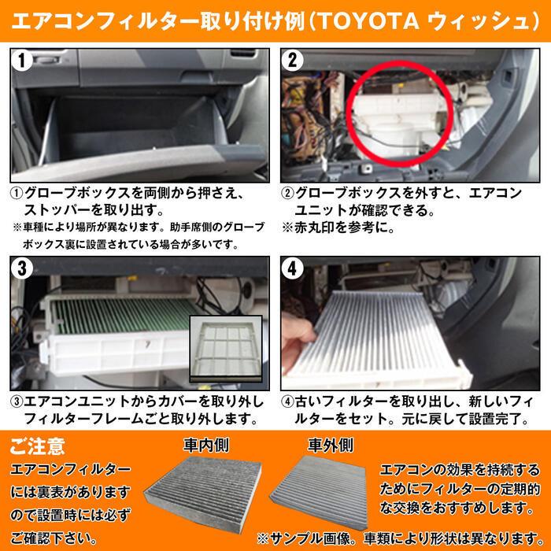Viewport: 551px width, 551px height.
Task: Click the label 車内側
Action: coord(206,445)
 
